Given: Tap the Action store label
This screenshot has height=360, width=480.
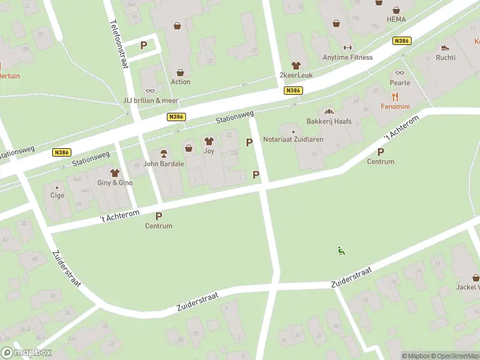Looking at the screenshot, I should click(x=180, y=82).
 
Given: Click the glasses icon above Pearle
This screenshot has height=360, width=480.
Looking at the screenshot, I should click(x=400, y=73).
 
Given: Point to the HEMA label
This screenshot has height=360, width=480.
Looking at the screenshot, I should click(x=396, y=19).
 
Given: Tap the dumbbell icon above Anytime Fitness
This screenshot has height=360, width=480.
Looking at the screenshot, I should click(x=347, y=47).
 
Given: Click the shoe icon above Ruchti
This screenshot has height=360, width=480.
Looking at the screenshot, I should click(x=445, y=47).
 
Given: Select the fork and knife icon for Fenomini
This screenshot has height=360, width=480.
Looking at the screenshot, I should click(x=395, y=96).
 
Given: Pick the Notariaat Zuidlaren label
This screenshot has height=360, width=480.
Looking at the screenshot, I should click(x=293, y=139).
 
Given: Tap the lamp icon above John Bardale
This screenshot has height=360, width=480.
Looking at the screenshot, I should click(x=163, y=154).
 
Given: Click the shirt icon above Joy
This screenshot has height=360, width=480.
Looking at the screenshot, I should click(x=209, y=142).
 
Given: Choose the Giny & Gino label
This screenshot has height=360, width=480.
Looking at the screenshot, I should click(x=115, y=182).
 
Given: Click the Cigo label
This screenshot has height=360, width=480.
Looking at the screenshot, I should click(x=57, y=195).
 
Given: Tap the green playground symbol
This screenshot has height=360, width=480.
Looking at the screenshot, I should click(x=341, y=251).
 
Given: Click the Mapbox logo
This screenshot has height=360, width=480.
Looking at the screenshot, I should click(x=26, y=353).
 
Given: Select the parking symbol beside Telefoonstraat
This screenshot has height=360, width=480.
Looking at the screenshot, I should click(x=143, y=45).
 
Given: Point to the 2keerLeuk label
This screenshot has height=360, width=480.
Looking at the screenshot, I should click(x=295, y=74).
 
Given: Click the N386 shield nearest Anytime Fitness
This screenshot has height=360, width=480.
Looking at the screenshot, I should click(x=401, y=41).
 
